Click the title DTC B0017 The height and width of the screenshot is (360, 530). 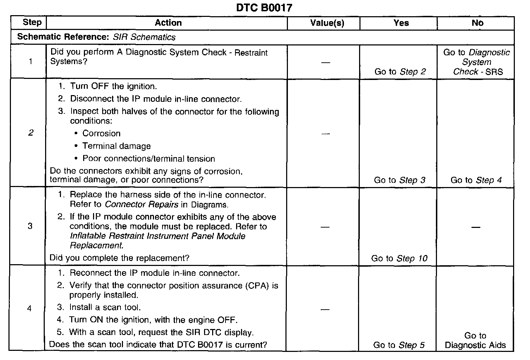[x=264, y=7]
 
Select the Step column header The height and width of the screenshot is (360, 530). [x=32, y=23]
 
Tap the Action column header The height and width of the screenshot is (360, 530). [x=168, y=23]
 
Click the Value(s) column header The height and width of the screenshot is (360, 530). [x=327, y=23]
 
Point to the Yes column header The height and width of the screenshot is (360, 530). [x=401, y=23]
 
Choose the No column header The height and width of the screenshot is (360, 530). [x=477, y=23]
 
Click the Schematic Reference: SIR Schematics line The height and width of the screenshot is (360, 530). [x=96, y=37]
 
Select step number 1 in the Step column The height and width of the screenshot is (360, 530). [x=31, y=62]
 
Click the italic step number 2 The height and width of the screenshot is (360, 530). [x=31, y=133]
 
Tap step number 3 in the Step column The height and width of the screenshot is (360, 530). [x=30, y=226]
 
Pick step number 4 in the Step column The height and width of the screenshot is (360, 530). [x=29, y=309]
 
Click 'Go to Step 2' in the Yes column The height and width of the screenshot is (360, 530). [x=400, y=72]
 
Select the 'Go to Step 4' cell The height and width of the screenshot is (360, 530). [x=476, y=180]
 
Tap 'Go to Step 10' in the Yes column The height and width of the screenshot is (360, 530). [x=399, y=258]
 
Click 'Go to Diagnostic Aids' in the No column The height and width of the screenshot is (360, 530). [x=475, y=340]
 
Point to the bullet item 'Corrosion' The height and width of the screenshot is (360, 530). [x=101, y=134]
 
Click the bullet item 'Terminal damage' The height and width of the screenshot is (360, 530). [x=116, y=146]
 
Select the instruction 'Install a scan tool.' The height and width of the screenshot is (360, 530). [x=105, y=307]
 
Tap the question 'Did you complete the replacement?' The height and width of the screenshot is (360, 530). [x=119, y=258]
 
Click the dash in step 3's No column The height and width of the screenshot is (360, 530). [x=476, y=227]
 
